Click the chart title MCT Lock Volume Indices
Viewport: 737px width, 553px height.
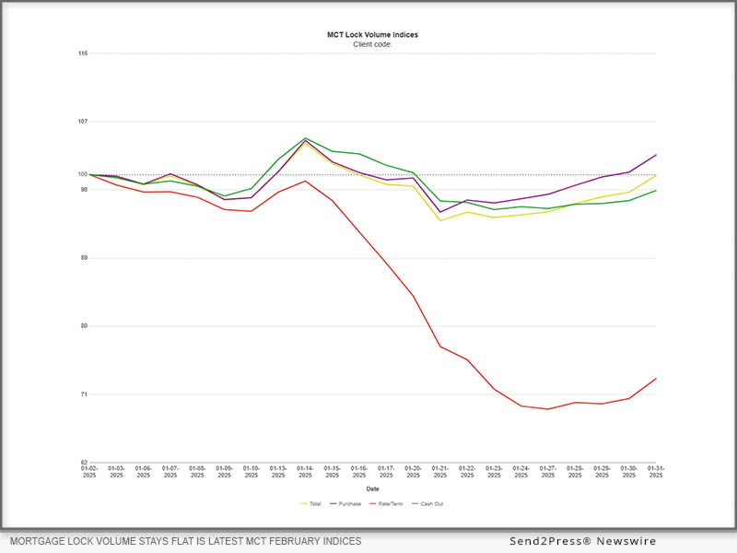372,35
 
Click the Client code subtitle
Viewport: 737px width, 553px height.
372,44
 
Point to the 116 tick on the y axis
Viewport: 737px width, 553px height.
82,53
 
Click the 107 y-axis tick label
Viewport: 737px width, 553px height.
82,122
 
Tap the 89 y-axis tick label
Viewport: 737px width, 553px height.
83,258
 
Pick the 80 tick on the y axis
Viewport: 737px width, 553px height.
83,326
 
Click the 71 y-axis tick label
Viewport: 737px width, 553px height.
83,394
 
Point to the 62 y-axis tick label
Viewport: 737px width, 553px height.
83,463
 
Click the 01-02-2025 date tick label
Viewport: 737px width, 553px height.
89,472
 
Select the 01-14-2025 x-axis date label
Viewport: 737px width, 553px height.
305,472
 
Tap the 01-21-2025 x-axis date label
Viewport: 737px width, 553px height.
440,472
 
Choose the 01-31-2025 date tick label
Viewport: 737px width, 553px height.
656,472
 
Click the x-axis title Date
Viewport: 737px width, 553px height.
372,488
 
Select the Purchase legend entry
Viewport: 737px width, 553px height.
348,504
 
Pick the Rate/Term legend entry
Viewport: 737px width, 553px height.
388,504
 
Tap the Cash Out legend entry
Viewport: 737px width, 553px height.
427,504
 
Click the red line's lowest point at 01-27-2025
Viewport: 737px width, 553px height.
548,409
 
